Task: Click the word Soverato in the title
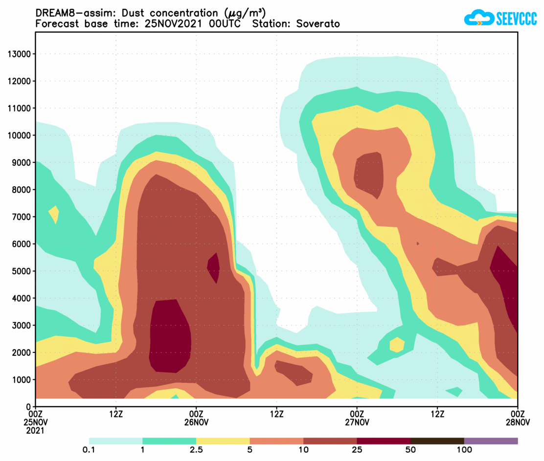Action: click(x=318, y=23)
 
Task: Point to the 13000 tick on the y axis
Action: click(x=20, y=54)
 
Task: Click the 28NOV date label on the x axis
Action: click(x=517, y=422)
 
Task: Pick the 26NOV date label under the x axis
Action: click(x=196, y=422)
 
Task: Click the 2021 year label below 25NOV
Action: click(x=36, y=431)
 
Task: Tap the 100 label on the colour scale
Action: click(x=464, y=450)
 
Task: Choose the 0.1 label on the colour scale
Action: click(x=89, y=450)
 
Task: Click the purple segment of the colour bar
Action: click(x=491, y=440)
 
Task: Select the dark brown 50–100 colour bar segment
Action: click(x=437, y=440)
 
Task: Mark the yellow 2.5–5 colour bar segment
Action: click(x=223, y=440)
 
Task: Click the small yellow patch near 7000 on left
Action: click(x=54, y=214)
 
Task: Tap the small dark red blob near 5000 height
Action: click(x=214, y=267)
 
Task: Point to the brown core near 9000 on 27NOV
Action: click(x=369, y=174)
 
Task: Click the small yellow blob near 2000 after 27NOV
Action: click(x=397, y=345)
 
